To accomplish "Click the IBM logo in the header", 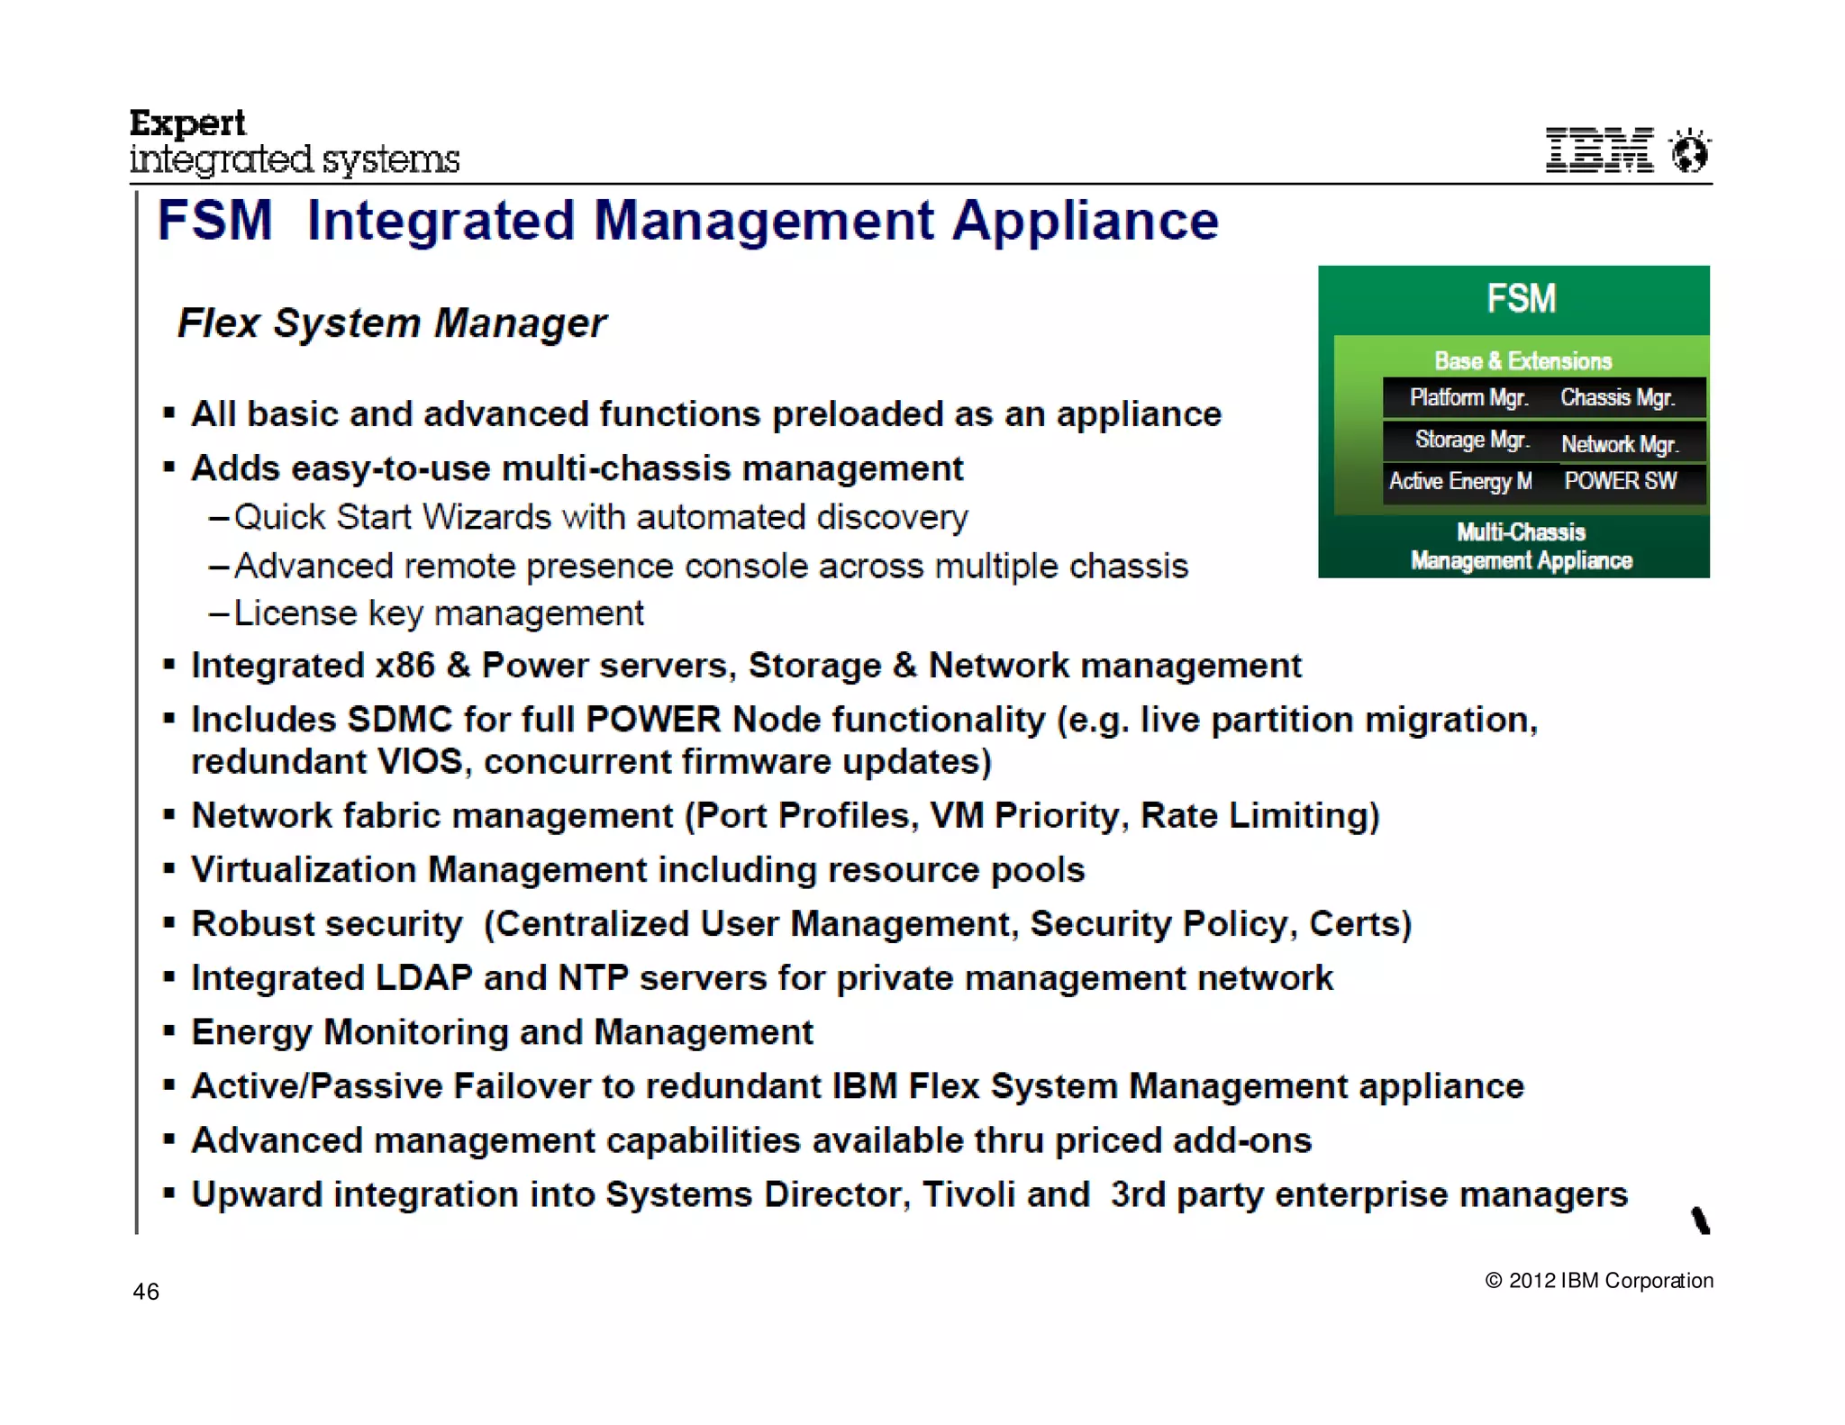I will (x=1599, y=150).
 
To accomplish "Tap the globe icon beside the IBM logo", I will (x=1689, y=150).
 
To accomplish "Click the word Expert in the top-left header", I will (x=187, y=123).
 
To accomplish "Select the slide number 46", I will (x=146, y=1292).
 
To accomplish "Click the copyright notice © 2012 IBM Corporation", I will (x=1599, y=1280).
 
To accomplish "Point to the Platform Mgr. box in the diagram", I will (x=1468, y=397).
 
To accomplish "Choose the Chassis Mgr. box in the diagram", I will (x=1618, y=397).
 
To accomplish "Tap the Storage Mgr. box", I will (x=1471, y=440).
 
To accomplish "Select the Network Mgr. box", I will (x=1620, y=444).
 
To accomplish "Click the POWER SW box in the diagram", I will (x=1621, y=481).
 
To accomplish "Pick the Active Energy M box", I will (x=1460, y=481).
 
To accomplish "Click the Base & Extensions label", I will (x=1522, y=360).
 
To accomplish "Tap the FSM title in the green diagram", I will (x=1521, y=298).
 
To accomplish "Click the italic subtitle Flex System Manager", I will (x=392, y=322).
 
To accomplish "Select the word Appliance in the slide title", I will (x=1086, y=221).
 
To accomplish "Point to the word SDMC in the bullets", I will (x=400, y=720).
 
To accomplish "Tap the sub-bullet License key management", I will (x=439, y=613).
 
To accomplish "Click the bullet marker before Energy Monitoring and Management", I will (x=168, y=1031).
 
